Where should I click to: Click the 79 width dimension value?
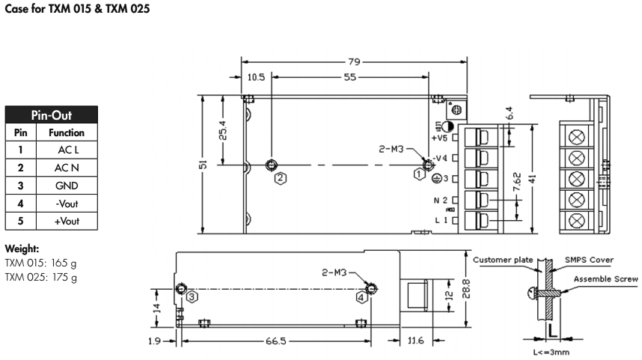[x=354, y=62]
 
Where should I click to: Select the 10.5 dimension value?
[x=256, y=77]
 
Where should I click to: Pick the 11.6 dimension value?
[x=417, y=341]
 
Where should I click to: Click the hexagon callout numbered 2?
[x=280, y=178]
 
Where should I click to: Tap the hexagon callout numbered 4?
[x=362, y=296]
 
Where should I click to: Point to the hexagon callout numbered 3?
[x=192, y=296]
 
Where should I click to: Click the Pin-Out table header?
[x=51, y=116]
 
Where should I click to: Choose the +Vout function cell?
[x=67, y=221]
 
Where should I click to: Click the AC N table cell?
[x=67, y=168]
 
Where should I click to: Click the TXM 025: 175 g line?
[x=41, y=278]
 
